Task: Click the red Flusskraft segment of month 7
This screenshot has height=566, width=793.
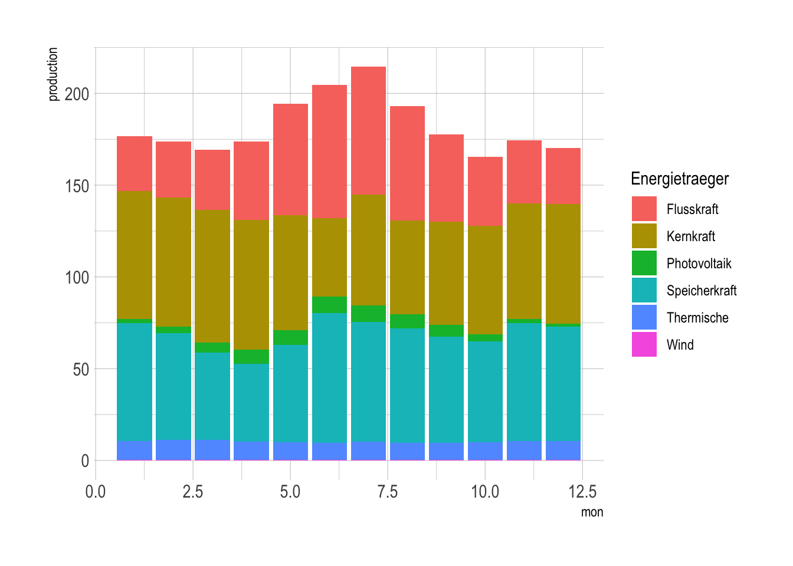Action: point(368,130)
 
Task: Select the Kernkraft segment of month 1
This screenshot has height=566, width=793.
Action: point(135,255)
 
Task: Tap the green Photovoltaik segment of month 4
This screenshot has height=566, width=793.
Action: point(251,357)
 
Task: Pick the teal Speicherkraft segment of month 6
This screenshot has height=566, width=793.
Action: point(329,377)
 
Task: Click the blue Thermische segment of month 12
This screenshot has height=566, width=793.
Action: point(563,450)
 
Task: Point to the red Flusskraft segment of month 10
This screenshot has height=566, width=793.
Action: point(485,191)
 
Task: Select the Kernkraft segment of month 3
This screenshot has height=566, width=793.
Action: point(212,276)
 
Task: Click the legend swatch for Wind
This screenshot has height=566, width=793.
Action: point(644,345)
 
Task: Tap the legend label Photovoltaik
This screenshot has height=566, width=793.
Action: point(699,264)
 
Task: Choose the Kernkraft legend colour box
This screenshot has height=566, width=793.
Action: point(644,236)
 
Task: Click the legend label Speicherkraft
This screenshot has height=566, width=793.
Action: point(702,291)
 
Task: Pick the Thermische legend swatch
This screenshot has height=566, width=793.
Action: point(644,318)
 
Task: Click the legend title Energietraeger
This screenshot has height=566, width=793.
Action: point(680,179)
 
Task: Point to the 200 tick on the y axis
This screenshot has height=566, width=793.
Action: point(77,94)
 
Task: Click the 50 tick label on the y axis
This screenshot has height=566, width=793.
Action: point(81,369)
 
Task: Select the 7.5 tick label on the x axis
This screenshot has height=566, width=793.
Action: point(388,492)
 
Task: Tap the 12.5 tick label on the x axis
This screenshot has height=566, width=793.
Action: point(582,492)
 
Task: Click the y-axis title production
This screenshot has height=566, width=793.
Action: point(53,74)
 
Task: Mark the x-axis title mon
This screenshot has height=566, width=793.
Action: point(592,512)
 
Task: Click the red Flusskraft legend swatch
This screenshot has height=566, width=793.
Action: point(644,209)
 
